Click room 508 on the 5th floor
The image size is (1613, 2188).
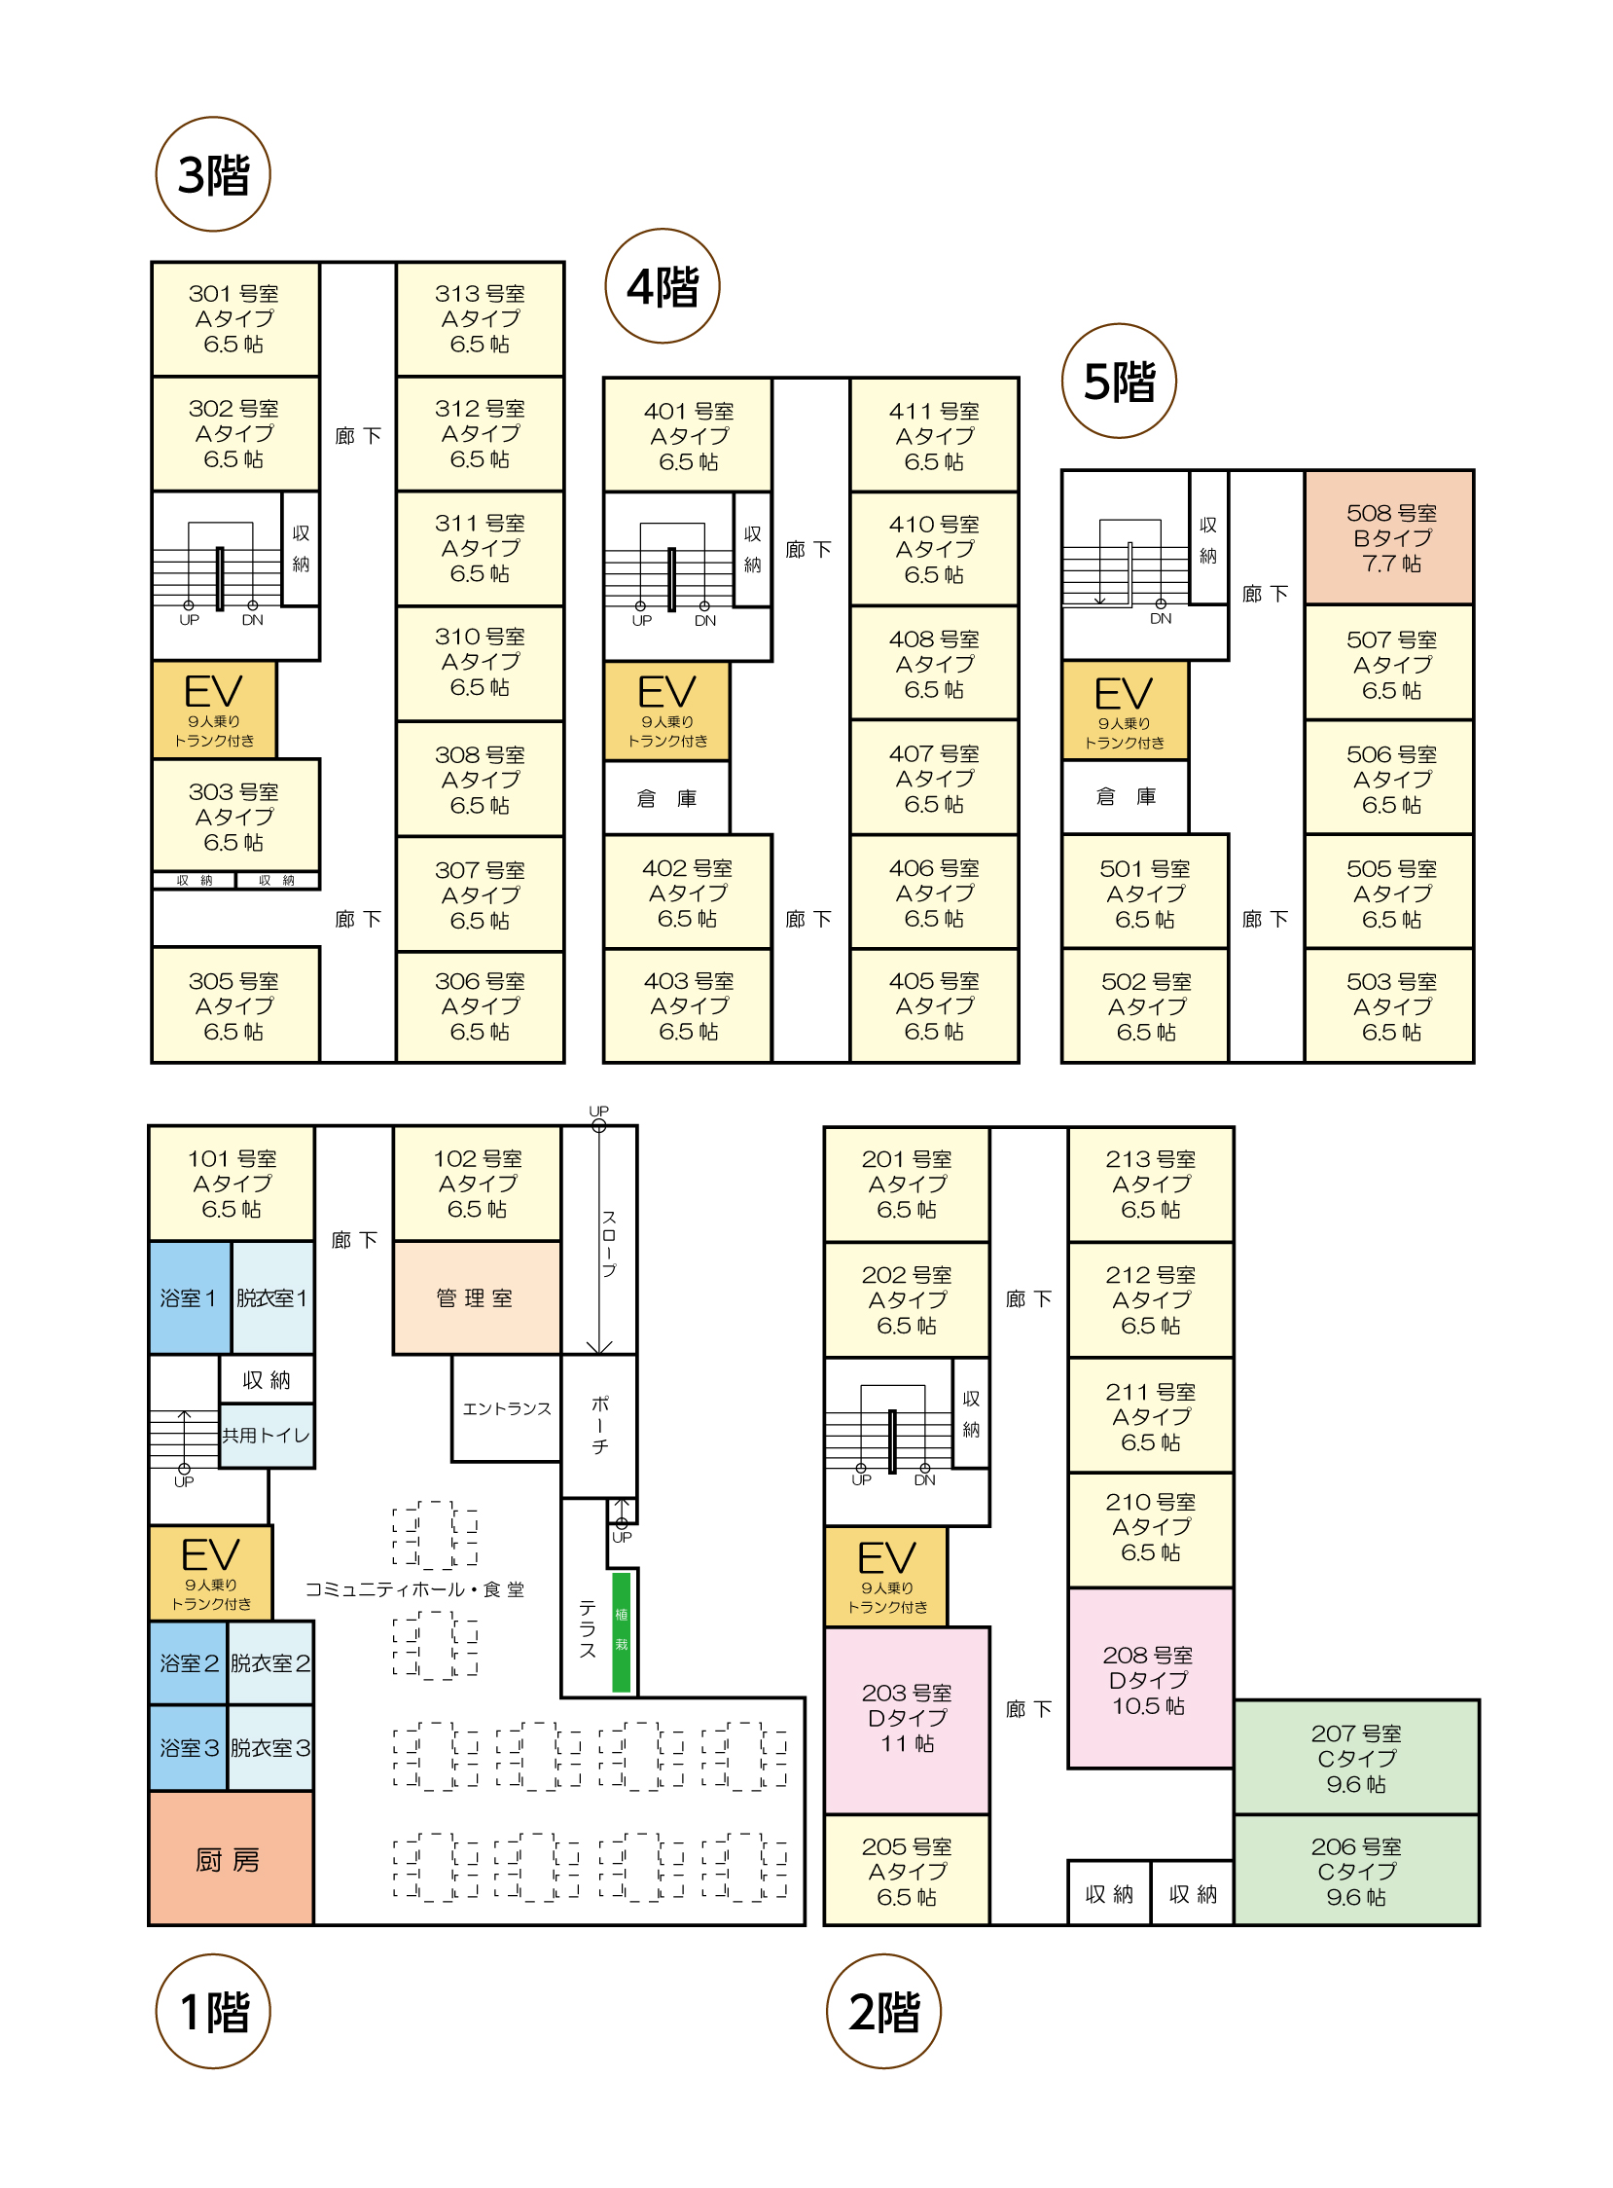1389,537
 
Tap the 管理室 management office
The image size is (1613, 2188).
476,1297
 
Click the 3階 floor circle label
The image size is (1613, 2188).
213,175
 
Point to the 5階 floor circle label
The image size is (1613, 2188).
1119,381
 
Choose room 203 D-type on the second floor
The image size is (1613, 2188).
907,1719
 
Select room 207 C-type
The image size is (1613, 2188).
1356,1757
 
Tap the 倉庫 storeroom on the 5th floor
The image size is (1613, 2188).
1125,797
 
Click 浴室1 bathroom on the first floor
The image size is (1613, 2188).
189,1297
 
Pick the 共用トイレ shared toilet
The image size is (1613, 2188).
267,1435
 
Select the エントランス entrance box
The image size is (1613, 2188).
506,1407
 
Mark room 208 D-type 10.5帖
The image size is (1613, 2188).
1149,1679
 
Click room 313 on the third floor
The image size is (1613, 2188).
480,318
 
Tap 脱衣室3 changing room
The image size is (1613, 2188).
270,1747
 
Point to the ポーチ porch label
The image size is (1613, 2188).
599,1424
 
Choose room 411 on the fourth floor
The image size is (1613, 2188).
933,436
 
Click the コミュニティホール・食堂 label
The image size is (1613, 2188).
414,1589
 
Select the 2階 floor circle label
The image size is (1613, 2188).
883,2011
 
